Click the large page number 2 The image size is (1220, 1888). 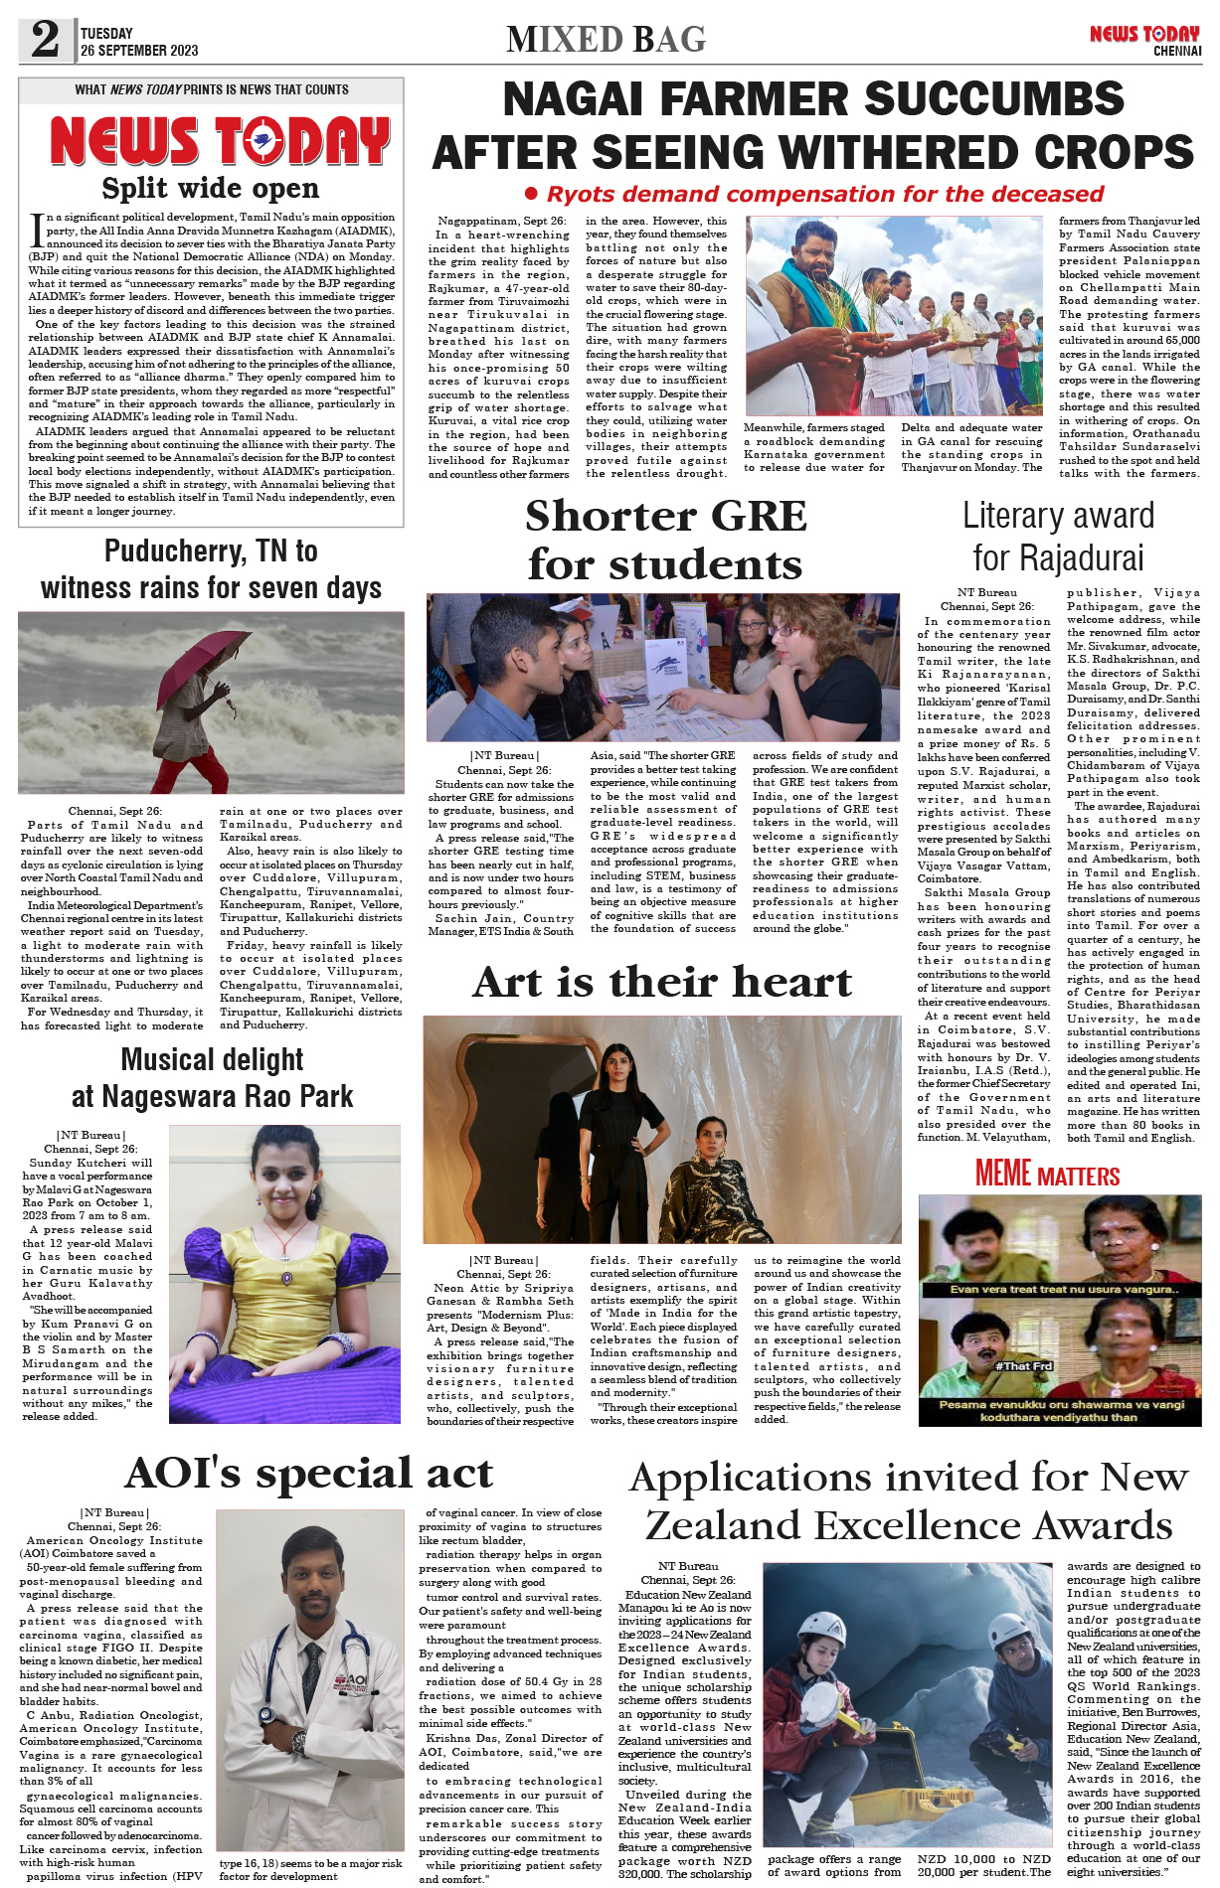(46, 40)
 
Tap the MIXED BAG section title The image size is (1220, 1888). (606, 40)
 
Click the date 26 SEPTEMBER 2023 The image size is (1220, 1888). (139, 51)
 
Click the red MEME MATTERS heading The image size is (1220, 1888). (1047, 1175)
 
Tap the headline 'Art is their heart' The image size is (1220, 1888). (662, 982)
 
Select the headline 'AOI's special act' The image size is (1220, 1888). (309, 1473)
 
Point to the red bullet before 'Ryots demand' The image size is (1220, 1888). (531, 194)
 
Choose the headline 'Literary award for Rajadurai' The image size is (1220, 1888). (1058, 537)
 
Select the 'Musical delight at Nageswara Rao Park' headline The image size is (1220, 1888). (212, 1078)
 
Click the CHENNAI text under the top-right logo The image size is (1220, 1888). (1177, 52)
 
